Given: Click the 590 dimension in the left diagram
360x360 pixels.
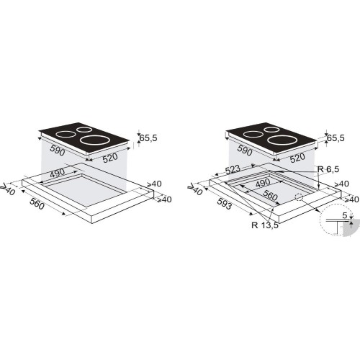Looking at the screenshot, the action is (x=58, y=150).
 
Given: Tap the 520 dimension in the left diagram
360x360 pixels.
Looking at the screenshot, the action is (x=110, y=158).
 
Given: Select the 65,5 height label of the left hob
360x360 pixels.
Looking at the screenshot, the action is (x=148, y=138).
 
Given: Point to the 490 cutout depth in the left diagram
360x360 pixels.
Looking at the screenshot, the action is (x=57, y=173).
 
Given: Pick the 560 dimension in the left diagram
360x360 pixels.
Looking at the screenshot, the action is (x=37, y=204).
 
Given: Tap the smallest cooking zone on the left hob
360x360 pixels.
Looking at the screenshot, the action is (x=84, y=130).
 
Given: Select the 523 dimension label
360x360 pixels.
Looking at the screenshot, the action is (x=233, y=169).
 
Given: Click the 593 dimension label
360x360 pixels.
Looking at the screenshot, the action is (x=225, y=204).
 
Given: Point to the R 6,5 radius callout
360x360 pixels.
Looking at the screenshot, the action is (x=328, y=169).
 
